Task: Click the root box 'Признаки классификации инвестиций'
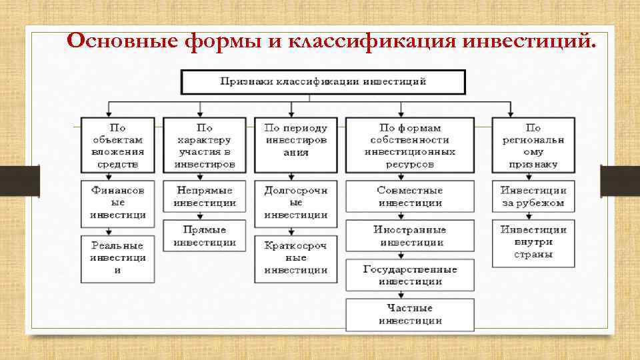(323, 82)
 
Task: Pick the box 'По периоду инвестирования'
(295, 140)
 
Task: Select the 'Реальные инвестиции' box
(118, 258)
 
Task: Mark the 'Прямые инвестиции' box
(205, 235)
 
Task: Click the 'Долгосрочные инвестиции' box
(295, 203)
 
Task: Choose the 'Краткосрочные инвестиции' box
(295, 258)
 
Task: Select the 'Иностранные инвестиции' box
(410, 235)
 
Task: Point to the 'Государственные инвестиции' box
(410, 275)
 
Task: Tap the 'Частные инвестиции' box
(410, 315)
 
